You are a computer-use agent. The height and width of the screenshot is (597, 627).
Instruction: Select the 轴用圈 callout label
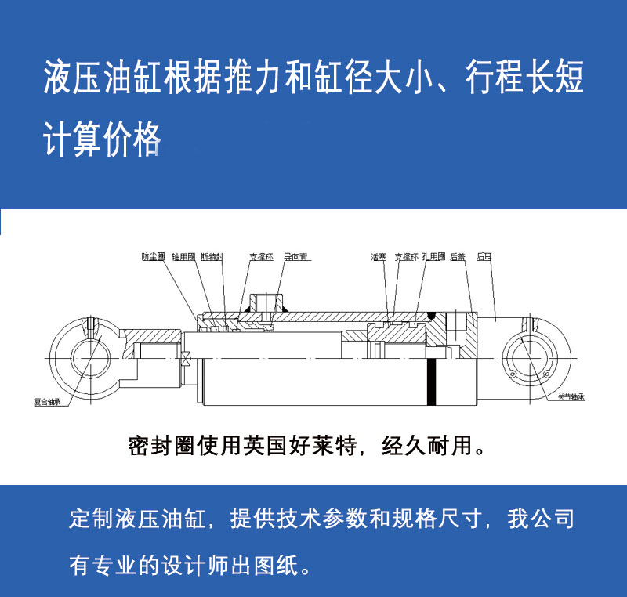point(183,256)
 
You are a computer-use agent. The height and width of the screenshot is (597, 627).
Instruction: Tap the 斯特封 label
point(212,256)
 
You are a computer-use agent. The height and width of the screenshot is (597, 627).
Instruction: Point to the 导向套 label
point(296,256)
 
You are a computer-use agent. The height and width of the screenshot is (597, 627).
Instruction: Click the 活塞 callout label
point(379,256)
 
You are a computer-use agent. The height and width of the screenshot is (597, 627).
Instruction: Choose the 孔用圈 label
point(433,256)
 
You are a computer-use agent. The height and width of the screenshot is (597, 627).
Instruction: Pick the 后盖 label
point(458,256)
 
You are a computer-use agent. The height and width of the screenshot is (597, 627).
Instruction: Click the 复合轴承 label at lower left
point(46,402)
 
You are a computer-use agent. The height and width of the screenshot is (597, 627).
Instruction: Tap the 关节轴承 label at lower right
point(572,397)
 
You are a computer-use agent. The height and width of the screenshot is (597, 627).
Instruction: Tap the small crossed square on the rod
point(186,360)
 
